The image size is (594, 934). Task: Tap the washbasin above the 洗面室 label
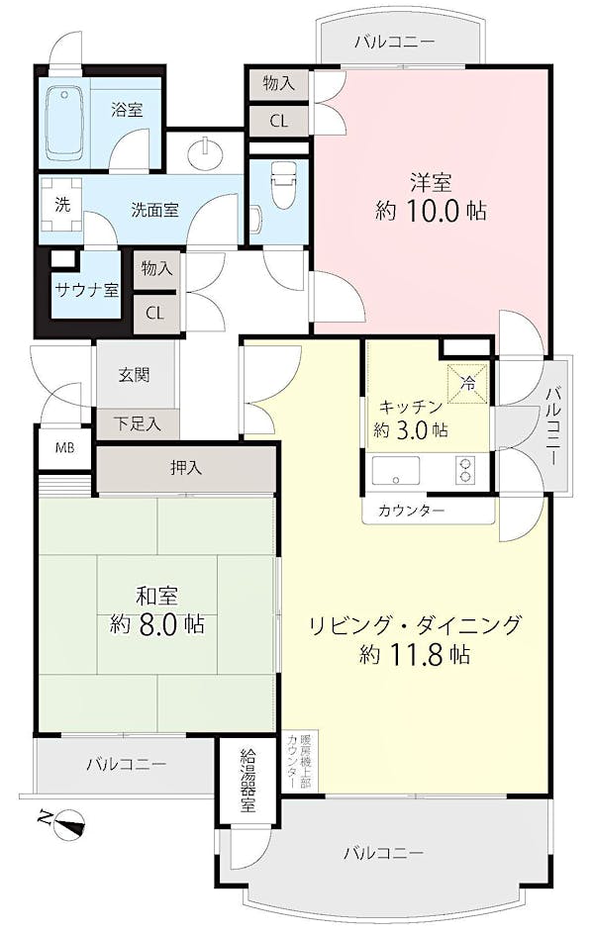207,153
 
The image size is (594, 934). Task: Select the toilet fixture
282,186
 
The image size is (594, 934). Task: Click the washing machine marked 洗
62,205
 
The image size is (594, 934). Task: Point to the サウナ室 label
87,290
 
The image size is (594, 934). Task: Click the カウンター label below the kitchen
411,511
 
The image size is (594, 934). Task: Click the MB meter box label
65,447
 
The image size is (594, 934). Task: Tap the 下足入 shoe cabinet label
137,423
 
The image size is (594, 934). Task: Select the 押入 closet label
186,468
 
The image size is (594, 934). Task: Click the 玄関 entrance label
134,375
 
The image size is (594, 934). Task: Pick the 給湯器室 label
247,780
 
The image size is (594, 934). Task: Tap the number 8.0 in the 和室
157,624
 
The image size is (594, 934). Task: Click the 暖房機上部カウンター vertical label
299,761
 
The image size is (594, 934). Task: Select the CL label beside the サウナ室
154,314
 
